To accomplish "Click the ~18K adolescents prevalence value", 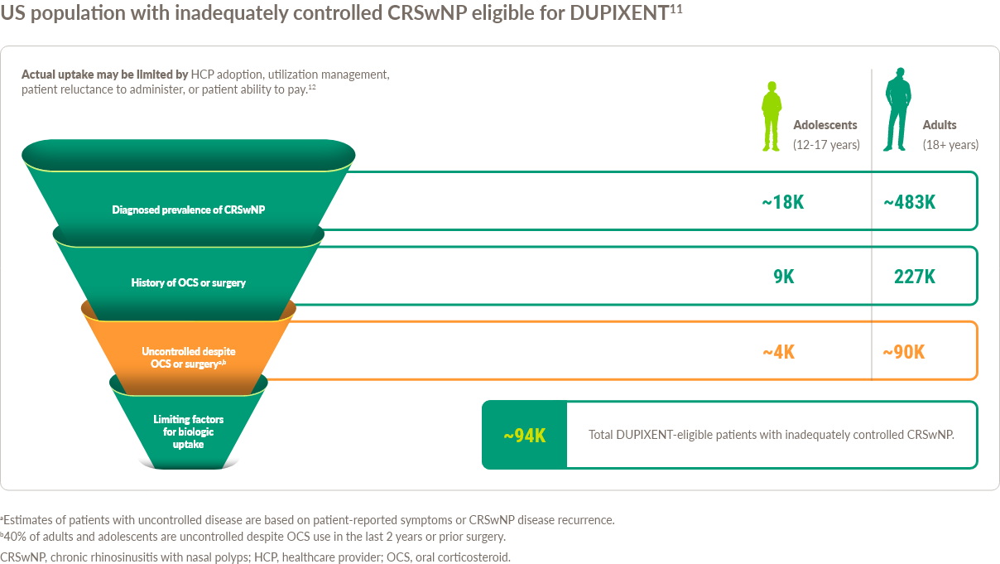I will [782, 202].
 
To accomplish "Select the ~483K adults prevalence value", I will [909, 202].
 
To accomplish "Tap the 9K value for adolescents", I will [783, 277].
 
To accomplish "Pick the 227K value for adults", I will [914, 277].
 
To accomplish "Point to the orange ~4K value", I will [778, 352].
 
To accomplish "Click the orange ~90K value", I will [903, 352].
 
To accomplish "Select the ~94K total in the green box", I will [524, 436].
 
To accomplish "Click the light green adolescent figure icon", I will [772, 116].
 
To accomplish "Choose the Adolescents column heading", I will [825, 125].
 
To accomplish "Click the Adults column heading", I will [940, 125].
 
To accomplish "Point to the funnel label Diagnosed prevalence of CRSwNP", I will [189, 210].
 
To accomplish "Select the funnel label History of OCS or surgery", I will [189, 282].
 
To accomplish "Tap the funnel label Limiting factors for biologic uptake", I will [189, 431].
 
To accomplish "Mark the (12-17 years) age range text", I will [826, 145].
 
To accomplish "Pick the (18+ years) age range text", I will [950, 145].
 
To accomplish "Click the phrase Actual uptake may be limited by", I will [105, 75].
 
